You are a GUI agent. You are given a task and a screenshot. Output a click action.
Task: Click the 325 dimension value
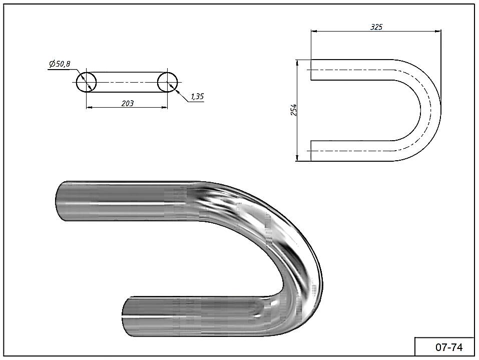(376, 27)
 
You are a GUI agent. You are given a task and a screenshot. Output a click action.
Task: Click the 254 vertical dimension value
(294, 110)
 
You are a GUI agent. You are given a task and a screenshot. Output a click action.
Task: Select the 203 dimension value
(128, 103)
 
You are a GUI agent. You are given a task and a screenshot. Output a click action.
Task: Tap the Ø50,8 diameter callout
(60, 64)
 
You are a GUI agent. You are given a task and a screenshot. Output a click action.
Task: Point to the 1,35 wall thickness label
(197, 97)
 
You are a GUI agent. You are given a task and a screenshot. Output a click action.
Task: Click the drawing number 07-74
(449, 347)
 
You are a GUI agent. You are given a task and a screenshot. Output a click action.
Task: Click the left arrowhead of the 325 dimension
(313, 31)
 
